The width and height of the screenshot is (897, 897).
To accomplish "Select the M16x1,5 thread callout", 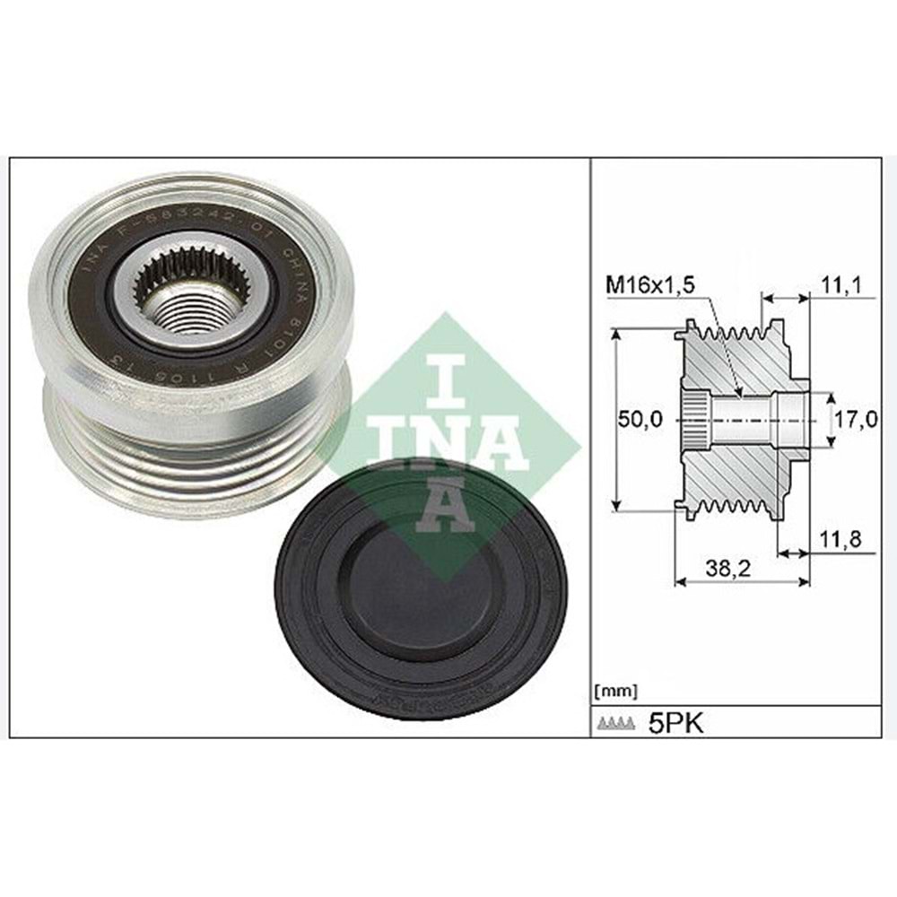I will click(650, 286).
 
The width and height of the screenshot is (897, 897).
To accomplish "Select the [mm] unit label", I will click(616, 691).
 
